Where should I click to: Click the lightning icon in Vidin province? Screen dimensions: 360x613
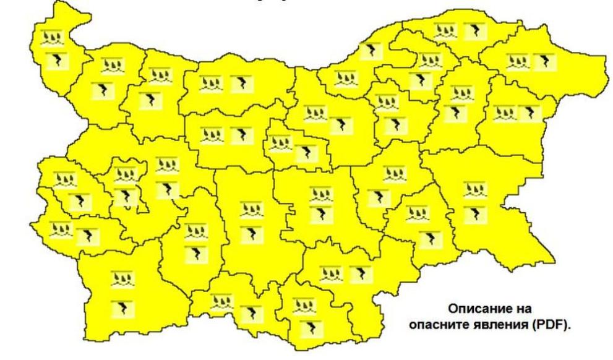pyautogui.click(x=59, y=60)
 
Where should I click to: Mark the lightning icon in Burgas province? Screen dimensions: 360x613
pyautogui.click(x=475, y=213)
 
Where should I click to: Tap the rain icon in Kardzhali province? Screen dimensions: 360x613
pyautogui.click(x=303, y=306)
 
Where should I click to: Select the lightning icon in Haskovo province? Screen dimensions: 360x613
pyautogui.click(x=358, y=273)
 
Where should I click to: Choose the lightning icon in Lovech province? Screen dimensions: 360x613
pyautogui.click(x=239, y=134)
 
